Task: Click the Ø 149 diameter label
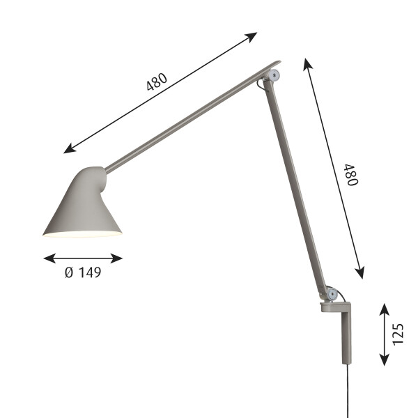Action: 83,272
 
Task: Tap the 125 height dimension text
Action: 398,334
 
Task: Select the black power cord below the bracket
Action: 348,394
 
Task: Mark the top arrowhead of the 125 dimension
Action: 384,307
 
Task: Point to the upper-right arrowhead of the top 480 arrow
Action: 254,34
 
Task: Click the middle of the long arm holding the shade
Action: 188,121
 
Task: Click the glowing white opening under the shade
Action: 82,235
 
